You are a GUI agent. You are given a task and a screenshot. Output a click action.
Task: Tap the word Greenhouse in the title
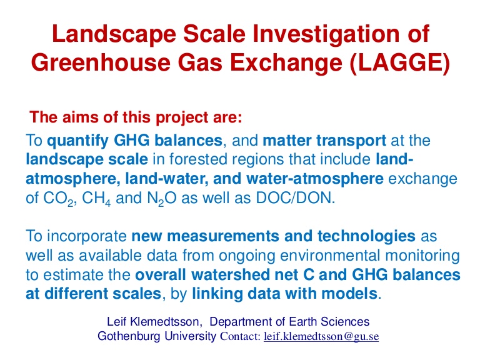(101, 62)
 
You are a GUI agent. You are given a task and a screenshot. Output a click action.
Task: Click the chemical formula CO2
(58, 198)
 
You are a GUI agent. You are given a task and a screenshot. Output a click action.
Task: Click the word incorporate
(87, 237)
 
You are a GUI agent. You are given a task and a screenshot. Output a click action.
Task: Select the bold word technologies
(366, 236)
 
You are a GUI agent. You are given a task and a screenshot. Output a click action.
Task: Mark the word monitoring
(422, 256)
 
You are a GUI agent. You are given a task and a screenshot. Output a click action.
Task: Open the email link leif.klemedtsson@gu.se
(321, 336)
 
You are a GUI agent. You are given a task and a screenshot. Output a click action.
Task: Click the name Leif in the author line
(117, 322)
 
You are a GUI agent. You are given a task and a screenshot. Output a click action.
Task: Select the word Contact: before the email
(241, 336)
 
